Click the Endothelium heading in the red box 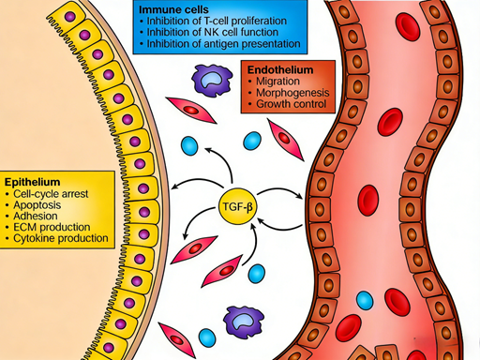pos(280,70)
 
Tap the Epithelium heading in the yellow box pos(33,179)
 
